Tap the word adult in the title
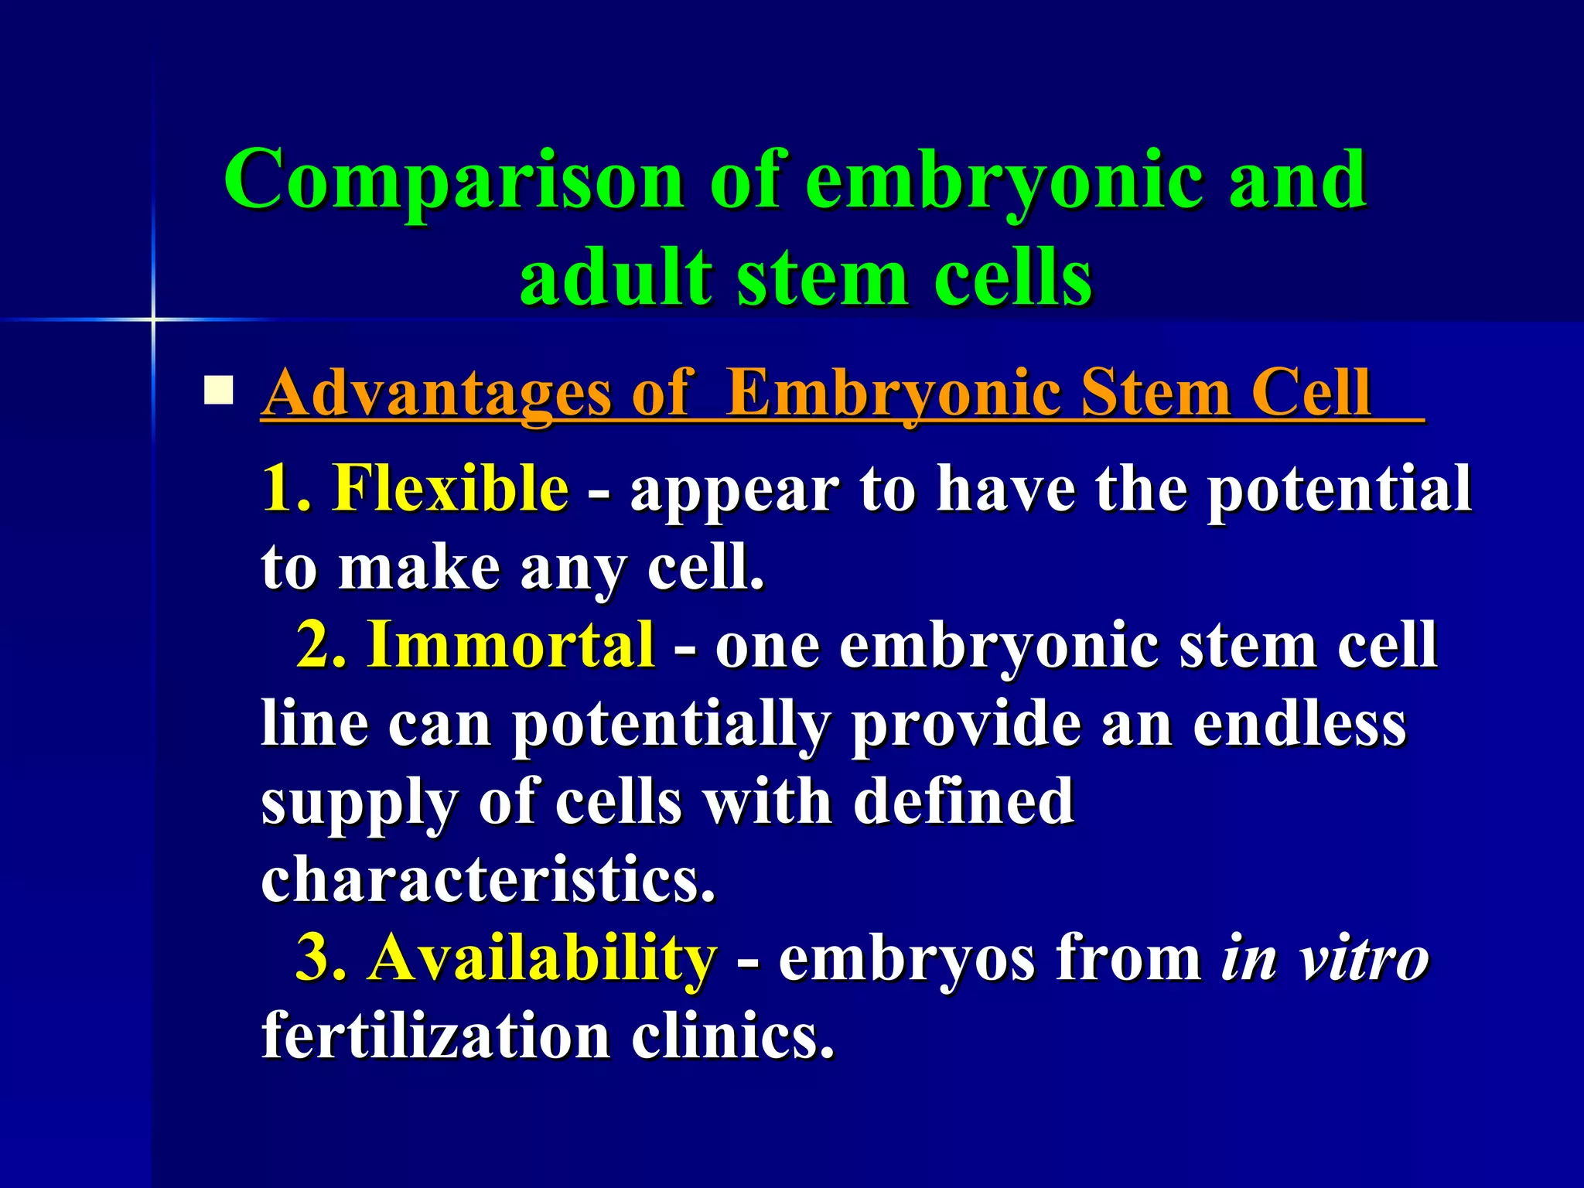coord(616,277)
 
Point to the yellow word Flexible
coord(450,488)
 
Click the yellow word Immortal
coord(511,644)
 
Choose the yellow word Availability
coord(542,958)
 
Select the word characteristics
coord(487,879)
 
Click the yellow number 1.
coord(285,488)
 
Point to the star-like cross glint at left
coord(153,319)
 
